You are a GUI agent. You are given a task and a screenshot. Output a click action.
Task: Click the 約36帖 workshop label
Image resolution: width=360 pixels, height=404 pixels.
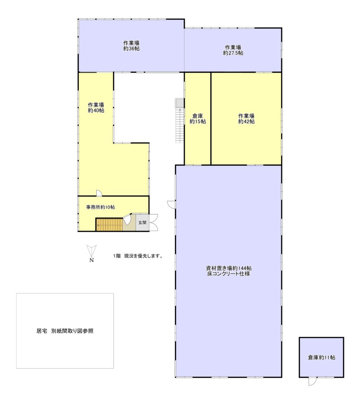(131, 46)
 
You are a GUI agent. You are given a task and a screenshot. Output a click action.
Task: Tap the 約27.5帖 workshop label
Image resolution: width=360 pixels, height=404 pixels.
(233, 50)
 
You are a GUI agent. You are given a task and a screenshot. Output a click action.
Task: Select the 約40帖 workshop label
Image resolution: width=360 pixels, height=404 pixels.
(96, 108)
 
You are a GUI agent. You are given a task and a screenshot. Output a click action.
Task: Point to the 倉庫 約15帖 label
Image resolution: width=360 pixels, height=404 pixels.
(198, 119)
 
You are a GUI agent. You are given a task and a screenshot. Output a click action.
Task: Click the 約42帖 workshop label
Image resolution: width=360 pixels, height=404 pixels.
(246, 119)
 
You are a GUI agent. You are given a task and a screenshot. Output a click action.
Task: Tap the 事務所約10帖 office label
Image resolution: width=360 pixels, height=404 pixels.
(101, 207)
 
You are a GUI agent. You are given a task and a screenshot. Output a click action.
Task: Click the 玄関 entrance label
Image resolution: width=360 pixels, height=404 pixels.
(142, 223)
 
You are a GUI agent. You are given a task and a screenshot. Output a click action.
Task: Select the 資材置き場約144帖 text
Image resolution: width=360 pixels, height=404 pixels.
(229, 268)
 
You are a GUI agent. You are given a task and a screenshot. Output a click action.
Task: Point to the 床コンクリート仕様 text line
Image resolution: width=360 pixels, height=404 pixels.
(229, 274)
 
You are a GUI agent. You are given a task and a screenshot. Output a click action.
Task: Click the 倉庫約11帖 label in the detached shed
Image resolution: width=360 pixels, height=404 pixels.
(322, 357)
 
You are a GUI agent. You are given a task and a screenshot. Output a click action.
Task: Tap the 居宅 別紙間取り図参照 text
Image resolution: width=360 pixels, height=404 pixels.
(65, 331)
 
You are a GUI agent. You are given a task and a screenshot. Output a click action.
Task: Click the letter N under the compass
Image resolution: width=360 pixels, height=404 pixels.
(92, 260)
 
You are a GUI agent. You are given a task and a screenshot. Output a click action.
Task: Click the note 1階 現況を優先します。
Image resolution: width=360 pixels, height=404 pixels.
(138, 256)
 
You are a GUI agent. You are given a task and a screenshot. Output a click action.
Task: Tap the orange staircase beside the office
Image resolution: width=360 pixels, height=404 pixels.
(110, 224)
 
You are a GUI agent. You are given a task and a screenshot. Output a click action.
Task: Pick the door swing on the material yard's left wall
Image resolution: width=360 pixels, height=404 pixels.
(171, 204)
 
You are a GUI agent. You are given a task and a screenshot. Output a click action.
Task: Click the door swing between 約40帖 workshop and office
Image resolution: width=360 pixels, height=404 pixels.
(99, 193)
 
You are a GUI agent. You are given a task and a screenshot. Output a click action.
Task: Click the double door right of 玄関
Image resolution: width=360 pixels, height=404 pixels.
(154, 223)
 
